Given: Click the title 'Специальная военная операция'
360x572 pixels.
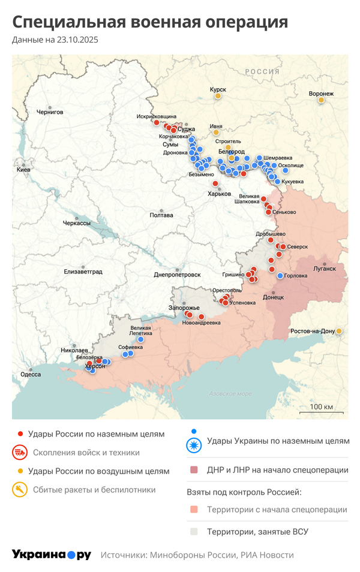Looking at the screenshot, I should (150, 23).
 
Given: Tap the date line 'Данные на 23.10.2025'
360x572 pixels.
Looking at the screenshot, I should (55, 40).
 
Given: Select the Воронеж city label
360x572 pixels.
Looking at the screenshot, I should (321, 94).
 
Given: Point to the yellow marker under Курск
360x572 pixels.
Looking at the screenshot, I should (218, 96).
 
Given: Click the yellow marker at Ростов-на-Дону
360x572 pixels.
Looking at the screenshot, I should (340, 331).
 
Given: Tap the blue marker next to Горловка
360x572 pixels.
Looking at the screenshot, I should (280, 276).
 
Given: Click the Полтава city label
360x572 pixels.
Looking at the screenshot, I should (161, 215).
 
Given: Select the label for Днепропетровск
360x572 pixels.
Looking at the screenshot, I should (177, 274).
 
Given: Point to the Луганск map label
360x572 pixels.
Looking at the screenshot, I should (325, 268).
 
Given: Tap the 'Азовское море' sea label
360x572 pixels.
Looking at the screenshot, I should (230, 394).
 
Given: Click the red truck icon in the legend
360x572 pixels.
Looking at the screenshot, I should (20, 453).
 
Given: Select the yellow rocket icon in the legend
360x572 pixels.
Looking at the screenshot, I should (20, 490).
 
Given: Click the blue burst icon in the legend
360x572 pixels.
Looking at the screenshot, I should (194, 445).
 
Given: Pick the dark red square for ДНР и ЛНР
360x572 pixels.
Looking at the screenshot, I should (194, 470).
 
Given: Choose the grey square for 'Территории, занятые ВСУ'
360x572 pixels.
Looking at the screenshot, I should (194, 531).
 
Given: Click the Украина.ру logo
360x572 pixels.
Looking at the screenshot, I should (52, 555).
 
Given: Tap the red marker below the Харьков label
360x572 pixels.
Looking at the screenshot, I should (215, 183).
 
